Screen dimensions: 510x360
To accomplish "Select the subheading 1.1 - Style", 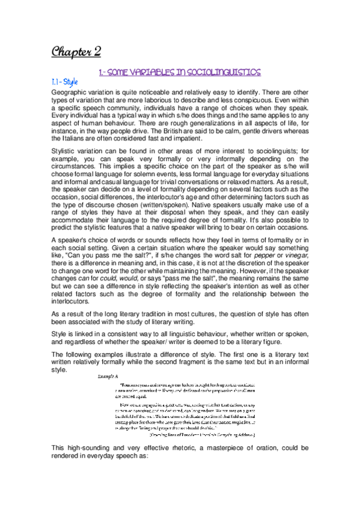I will point(65,81).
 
